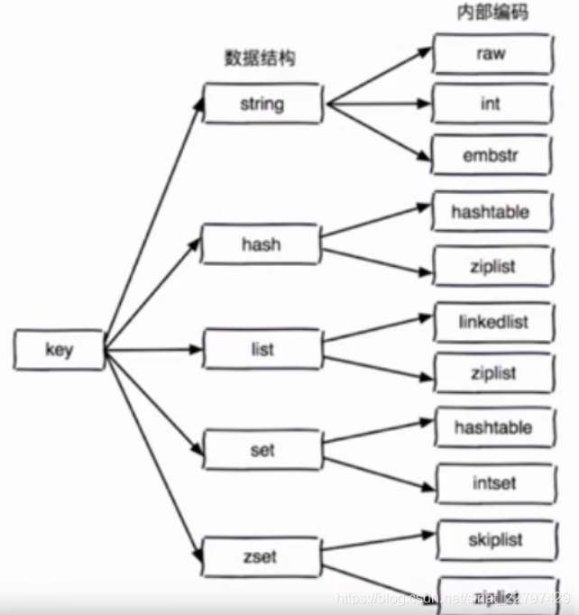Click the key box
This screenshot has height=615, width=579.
59,350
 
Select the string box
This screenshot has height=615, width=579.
262,104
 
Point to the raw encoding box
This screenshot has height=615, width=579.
491,53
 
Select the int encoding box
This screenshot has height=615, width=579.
491,104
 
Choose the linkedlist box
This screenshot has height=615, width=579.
492,321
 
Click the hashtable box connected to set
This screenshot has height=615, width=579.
492,427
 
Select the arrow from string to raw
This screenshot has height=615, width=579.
379,78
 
